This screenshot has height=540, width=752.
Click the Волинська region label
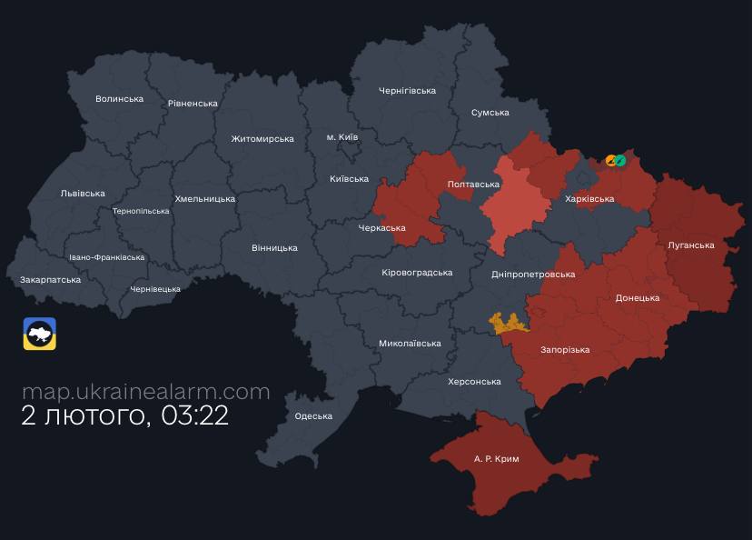119,99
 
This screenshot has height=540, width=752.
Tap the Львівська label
83,194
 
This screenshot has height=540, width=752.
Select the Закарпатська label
50,280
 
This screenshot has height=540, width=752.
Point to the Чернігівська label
407,91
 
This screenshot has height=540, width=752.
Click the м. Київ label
342,137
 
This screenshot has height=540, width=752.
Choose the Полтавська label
473,185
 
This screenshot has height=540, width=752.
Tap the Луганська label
691,245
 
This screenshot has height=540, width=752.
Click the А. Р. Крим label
497,459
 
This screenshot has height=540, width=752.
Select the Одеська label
313,416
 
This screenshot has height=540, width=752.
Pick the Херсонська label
474,382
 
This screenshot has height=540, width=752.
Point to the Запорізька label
565,350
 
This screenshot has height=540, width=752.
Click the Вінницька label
274,248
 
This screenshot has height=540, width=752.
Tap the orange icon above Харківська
611,161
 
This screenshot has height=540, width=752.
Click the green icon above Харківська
620,161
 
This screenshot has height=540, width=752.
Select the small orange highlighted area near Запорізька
509,322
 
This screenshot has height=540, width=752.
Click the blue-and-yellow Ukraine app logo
40,334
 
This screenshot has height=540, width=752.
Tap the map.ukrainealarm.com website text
145,392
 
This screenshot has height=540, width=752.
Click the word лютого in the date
95,417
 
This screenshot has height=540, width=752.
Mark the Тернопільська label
140,211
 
